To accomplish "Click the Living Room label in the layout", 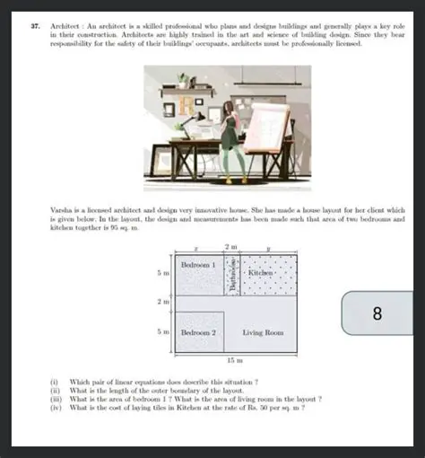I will click(x=263, y=332).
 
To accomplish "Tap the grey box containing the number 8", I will click(x=377, y=313).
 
